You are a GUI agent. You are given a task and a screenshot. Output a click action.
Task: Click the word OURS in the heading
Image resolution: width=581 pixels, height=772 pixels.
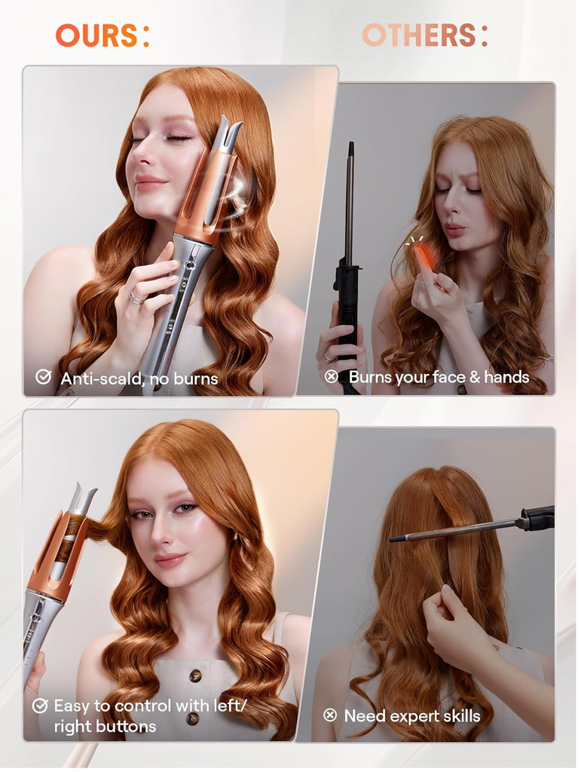96,35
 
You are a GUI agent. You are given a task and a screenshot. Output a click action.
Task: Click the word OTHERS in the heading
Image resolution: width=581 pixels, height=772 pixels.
419,35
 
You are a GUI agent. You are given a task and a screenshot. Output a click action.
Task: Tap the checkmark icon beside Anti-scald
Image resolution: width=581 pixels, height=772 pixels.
43,377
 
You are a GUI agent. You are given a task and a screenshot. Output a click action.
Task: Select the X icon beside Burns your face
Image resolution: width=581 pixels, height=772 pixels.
332,377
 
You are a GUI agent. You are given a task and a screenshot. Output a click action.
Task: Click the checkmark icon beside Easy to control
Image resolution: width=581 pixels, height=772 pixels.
40,706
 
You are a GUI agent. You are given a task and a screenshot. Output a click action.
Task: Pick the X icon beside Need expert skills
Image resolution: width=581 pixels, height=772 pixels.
330,715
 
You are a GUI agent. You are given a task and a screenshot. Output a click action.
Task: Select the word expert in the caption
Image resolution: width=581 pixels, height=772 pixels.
416,717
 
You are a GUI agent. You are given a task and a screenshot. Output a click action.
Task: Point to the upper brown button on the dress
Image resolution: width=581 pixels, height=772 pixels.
196,676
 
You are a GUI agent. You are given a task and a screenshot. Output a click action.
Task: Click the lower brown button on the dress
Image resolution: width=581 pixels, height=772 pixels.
192,718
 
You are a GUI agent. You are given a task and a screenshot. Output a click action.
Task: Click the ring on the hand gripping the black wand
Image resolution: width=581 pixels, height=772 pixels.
327,357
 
